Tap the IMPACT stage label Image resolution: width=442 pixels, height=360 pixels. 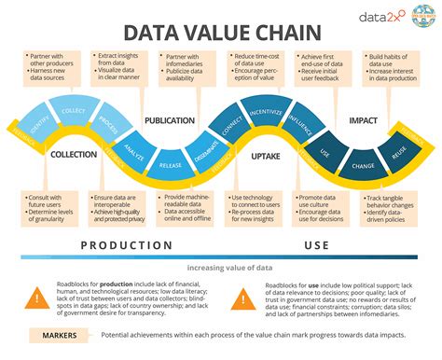[x=363, y=120]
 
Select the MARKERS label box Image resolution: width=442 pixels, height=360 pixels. [x=60, y=335]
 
